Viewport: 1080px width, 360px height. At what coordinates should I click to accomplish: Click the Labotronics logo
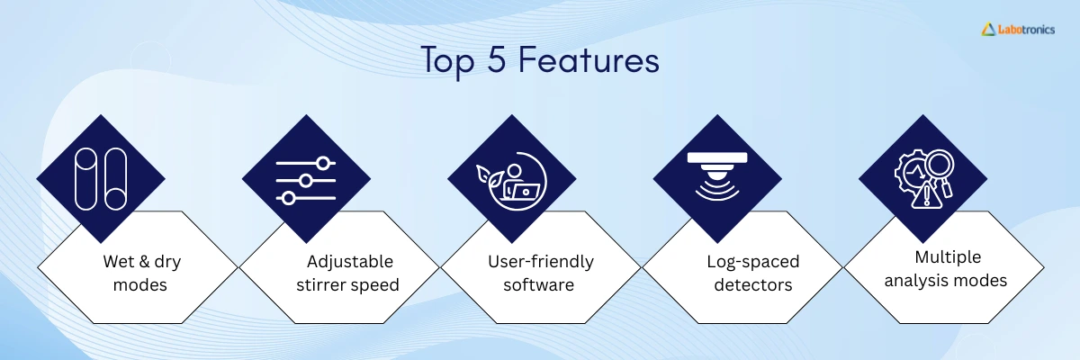click(1018, 30)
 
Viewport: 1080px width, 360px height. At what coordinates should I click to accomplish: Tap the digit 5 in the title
click(496, 59)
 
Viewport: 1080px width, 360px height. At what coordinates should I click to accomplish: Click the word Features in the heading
click(589, 59)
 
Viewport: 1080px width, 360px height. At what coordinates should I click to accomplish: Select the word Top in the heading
click(448, 62)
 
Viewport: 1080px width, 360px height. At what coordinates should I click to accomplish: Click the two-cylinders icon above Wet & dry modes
click(101, 179)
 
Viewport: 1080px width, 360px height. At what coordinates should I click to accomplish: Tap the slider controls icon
click(306, 180)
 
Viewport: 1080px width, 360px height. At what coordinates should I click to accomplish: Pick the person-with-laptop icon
click(511, 181)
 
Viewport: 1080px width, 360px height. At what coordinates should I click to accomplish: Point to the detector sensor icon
click(717, 175)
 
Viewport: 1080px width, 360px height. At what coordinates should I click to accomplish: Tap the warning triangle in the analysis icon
click(926, 197)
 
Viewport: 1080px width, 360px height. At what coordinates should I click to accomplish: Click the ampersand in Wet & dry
click(143, 262)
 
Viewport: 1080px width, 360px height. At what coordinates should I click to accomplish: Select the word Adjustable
click(350, 262)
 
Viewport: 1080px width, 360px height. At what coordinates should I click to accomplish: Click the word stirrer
click(321, 284)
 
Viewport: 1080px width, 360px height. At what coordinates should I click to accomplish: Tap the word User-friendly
click(541, 262)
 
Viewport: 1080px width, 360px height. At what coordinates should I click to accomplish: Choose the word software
click(538, 284)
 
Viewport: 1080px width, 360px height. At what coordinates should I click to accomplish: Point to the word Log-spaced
click(752, 262)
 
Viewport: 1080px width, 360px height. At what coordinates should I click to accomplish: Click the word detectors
click(752, 284)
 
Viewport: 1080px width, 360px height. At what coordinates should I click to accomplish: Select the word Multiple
click(948, 257)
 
